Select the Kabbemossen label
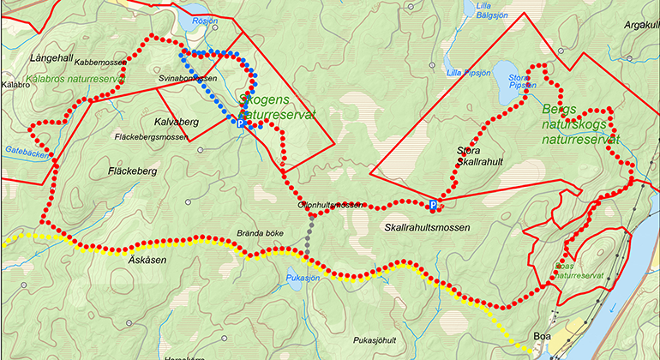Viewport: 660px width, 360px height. (100, 63)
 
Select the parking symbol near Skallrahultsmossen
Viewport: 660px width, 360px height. (434, 205)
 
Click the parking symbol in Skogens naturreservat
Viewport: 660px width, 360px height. (241, 124)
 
